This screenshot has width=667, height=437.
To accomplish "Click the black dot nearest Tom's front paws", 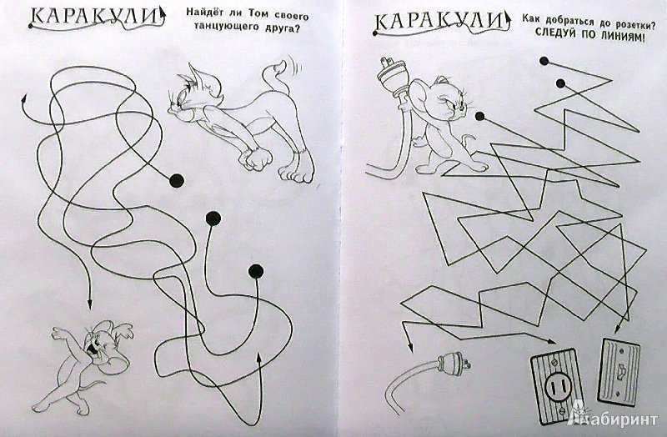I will (177, 179).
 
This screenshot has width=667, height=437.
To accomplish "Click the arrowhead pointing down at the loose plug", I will (409, 351).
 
